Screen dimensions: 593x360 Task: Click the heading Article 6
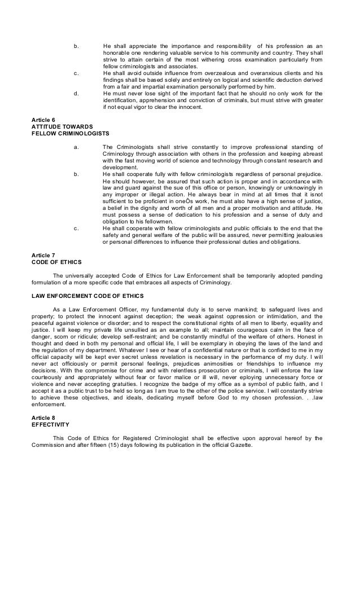(44, 119)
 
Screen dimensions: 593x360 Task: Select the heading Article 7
(44, 256)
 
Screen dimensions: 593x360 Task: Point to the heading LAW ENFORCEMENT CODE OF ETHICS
(88, 296)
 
